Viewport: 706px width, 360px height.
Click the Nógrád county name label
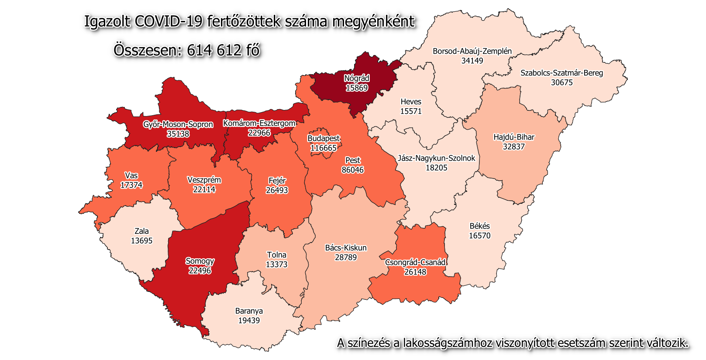[357, 79]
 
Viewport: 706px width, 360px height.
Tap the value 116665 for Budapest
[324, 148]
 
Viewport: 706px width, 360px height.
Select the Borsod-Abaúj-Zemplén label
[472, 51]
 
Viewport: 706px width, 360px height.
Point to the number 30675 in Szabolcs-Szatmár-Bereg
[561, 82]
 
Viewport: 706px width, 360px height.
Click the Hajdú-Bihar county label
[513, 137]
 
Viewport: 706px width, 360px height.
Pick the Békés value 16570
[479, 236]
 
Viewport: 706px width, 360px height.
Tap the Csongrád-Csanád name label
[415, 262]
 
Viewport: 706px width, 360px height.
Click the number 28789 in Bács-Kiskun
[346, 257]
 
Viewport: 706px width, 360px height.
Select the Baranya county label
[249, 311]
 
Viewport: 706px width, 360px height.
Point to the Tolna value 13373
[276, 264]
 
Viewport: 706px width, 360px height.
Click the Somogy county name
[200, 261]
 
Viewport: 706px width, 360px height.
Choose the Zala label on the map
[141, 231]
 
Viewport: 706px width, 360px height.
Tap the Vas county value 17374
[131, 185]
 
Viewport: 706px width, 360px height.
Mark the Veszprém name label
[204, 180]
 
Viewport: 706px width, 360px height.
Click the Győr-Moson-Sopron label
[178, 124]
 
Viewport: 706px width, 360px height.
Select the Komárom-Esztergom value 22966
[259, 133]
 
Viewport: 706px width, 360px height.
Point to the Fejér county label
[277, 181]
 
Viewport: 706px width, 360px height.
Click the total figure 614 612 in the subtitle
[214, 51]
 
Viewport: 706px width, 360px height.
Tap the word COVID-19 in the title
[169, 21]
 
